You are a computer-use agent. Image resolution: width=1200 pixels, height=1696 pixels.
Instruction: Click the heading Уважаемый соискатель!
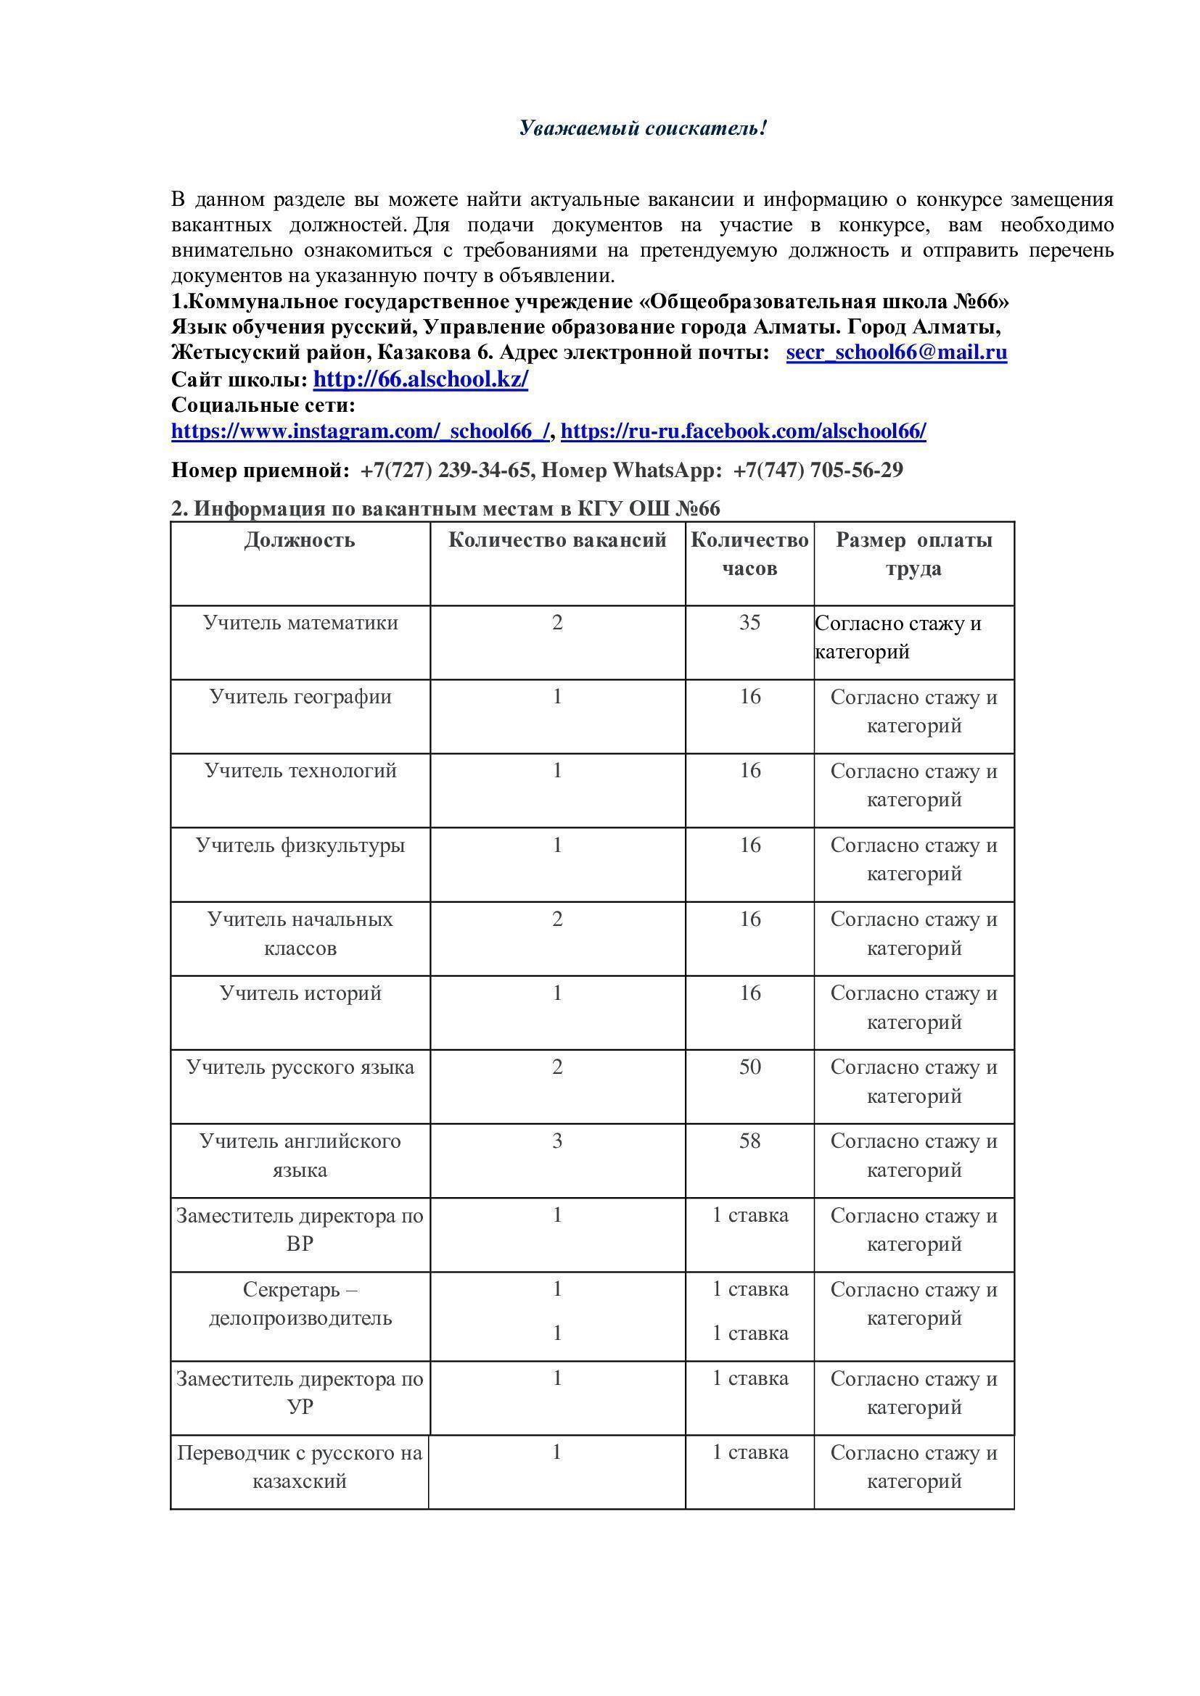click(x=643, y=128)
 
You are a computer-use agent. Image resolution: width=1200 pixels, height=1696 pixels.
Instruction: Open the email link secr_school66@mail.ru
click(x=896, y=352)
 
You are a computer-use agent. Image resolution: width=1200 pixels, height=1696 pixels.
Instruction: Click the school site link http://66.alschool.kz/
click(x=421, y=380)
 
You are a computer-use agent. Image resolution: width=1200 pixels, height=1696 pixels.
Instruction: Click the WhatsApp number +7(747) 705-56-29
click(x=818, y=470)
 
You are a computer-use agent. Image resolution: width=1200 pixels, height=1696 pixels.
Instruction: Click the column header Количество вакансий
click(x=557, y=540)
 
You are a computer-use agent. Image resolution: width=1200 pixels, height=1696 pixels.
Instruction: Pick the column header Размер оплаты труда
click(x=913, y=554)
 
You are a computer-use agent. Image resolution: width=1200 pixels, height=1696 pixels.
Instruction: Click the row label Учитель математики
click(x=300, y=623)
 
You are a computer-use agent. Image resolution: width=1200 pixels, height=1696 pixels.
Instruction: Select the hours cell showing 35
click(x=749, y=623)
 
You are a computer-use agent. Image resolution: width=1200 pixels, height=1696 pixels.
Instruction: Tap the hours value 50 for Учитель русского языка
click(x=749, y=1067)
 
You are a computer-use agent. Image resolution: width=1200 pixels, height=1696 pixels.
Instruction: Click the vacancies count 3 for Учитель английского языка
click(x=557, y=1141)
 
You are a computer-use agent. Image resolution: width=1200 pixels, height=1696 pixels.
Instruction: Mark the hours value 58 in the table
click(x=749, y=1141)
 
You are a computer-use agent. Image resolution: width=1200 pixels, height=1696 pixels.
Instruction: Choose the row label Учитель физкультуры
click(x=300, y=845)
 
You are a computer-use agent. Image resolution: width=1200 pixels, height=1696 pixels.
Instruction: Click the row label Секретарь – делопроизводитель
click(x=300, y=1304)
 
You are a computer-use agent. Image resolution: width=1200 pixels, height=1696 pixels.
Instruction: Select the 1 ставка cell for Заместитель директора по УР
click(x=750, y=1378)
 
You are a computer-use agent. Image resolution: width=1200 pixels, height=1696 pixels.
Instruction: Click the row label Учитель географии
click(x=300, y=697)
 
